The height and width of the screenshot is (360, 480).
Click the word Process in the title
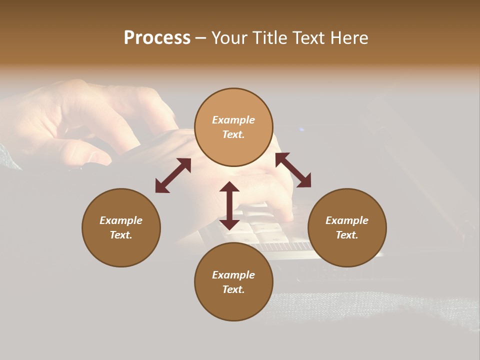click(x=157, y=38)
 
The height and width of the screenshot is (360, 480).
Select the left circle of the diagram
click(x=121, y=227)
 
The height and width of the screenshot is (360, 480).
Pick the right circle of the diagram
click(x=347, y=227)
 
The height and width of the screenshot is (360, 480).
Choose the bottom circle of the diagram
click(x=233, y=281)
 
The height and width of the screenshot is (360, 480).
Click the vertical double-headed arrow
click(x=229, y=205)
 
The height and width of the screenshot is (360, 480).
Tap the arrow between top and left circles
click(x=173, y=175)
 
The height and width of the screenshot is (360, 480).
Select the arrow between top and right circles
click(x=293, y=170)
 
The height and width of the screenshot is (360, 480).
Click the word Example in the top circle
click(x=233, y=120)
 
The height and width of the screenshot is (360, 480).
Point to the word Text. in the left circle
click(x=121, y=235)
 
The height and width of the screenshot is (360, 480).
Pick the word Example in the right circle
click(x=347, y=220)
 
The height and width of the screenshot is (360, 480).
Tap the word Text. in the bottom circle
click(x=233, y=289)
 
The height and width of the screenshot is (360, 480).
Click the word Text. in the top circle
click(x=233, y=134)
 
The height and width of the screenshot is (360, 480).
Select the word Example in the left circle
click(x=121, y=220)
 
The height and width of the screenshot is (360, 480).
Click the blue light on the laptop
click(x=301, y=130)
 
